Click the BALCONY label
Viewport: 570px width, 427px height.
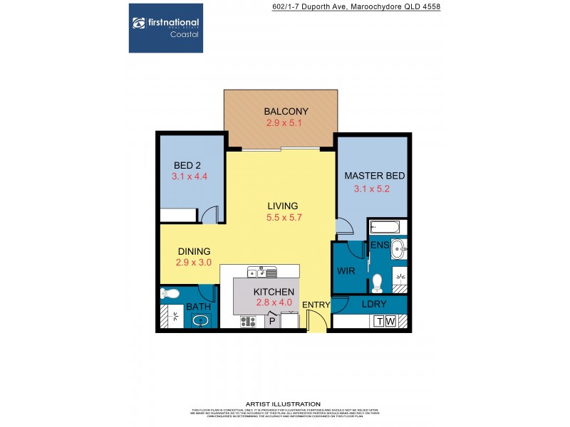click(x=286, y=111)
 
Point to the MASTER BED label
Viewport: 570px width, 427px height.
click(x=370, y=176)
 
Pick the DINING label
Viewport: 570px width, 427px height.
click(x=193, y=251)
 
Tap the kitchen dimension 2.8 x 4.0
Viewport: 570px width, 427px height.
click(x=274, y=303)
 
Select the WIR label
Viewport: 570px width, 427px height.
click(x=345, y=270)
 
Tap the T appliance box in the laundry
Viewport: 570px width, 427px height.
click(x=378, y=322)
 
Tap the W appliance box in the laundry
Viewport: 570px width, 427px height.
click(x=389, y=322)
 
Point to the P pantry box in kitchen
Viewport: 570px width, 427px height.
click(x=271, y=322)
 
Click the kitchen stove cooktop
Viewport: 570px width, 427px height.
click(x=248, y=322)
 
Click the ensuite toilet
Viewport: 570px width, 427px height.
click(x=378, y=282)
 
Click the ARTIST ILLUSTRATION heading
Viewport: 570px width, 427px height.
click(x=283, y=404)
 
